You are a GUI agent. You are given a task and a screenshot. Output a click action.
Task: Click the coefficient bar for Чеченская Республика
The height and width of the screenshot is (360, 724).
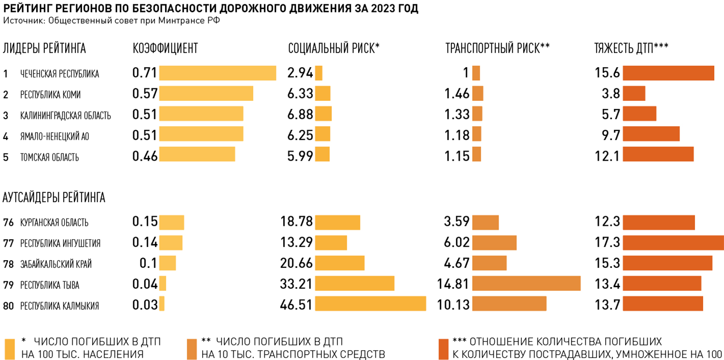point(217,73)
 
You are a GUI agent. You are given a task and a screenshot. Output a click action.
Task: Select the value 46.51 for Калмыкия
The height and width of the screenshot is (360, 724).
point(296,305)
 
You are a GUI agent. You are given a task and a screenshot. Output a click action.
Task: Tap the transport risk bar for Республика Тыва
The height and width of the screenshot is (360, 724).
point(526,283)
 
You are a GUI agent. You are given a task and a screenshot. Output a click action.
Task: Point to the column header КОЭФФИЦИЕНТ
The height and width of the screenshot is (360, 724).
point(165,48)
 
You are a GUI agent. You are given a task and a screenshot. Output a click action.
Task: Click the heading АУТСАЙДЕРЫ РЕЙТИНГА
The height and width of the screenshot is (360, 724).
point(54,197)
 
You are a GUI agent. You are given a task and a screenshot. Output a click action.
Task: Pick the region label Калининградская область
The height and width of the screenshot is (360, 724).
point(65,115)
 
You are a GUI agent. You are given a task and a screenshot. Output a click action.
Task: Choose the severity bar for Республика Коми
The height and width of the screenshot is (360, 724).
point(634,94)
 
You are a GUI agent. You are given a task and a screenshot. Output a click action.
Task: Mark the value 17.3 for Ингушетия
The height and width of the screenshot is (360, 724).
point(607,242)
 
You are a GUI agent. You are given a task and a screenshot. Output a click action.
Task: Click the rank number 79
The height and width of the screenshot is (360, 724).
point(8,285)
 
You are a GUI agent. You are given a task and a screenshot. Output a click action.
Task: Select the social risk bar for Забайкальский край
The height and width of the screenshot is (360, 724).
point(339,263)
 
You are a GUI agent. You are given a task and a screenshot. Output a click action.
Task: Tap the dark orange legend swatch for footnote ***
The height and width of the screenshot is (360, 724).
point(443,348)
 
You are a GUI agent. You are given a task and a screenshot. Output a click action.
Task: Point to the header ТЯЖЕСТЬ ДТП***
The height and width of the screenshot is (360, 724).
point(631,48)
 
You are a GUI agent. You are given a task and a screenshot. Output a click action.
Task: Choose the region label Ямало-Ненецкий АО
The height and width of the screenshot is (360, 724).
point(55,137)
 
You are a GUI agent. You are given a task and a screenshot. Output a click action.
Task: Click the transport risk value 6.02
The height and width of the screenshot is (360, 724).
point(457,242)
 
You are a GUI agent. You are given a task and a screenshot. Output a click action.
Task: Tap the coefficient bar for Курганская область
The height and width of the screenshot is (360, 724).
point(171,222)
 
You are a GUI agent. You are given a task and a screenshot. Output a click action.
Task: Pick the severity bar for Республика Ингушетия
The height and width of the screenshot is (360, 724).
point(673,242)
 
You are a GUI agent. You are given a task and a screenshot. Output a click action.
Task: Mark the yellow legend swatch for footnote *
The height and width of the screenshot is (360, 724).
point(10,348)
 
